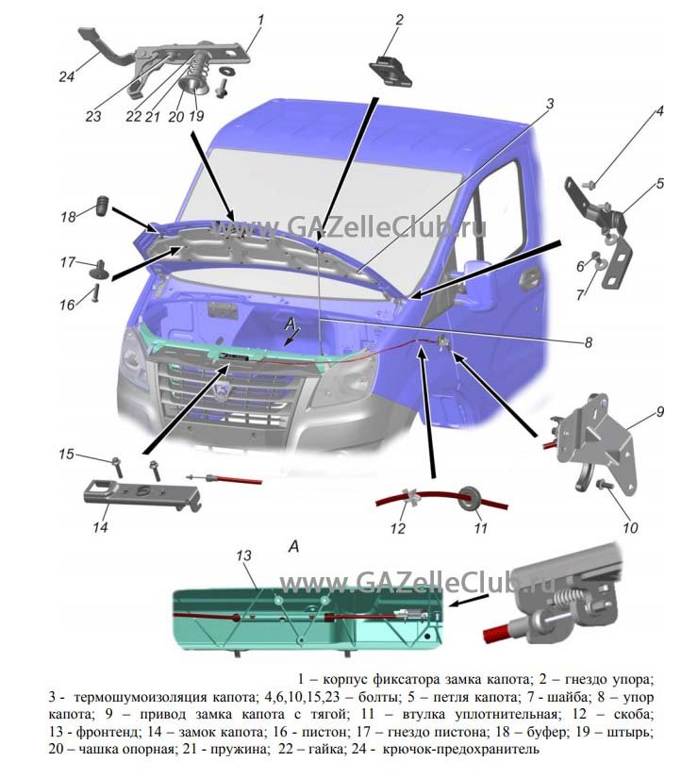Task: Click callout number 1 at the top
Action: pos(260,18)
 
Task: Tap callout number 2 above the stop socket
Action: pos(399,19)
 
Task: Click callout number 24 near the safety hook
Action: pos(66,78)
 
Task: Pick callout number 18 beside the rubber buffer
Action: pos(68,217)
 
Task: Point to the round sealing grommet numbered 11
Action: pos(467,496)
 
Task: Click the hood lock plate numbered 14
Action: pos(142,494)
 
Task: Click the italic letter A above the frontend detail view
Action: pos(293,546)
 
